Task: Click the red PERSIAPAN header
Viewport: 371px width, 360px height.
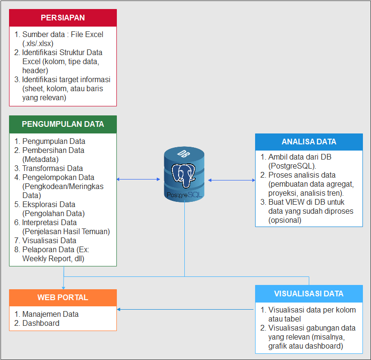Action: [x=63, y=18]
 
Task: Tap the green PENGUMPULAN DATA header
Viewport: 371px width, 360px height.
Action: [x=63, y=124]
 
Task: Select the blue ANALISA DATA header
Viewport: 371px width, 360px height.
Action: [x=309, y=142]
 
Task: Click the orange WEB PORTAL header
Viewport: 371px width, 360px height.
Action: [x=63, y=297]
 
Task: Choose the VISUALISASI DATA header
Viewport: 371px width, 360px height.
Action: [x=309, y=294]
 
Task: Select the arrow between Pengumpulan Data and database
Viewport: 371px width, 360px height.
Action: [x=138, y=179]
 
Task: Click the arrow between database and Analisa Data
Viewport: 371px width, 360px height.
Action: [x=231, y=180]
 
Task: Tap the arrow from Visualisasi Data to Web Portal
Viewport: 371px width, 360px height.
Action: [x=185, y=310]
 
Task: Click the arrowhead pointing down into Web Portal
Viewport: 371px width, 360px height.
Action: [x=64, y=286]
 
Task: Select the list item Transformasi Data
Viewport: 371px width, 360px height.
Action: [x=52, y=168]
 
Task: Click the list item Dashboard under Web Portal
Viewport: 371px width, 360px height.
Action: [x=41, y=323]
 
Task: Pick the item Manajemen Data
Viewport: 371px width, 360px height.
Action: [x=50, y=314]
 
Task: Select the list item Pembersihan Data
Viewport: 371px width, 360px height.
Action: [x=53, y=150]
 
